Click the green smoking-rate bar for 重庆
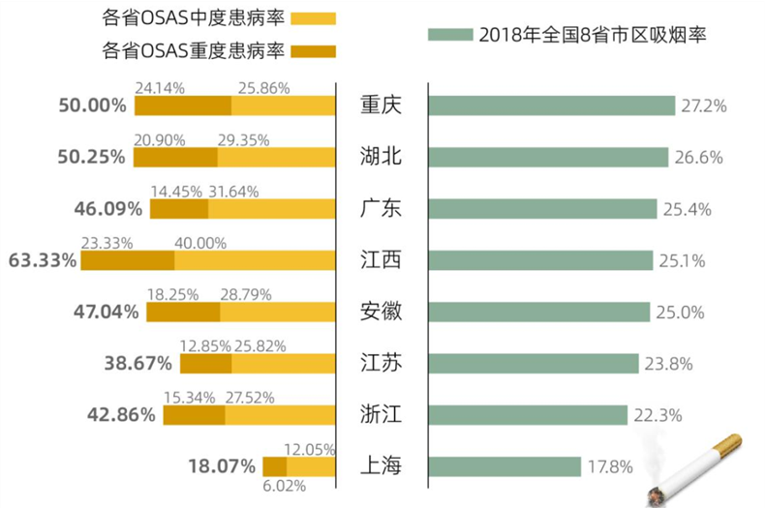[x=551, y=105]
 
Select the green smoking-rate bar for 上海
[x=504, y=466]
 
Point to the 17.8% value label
[x=610, y=467]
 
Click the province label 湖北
[x=380, y=157]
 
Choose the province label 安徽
[x=380, y=312]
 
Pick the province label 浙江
[x=380, y=415]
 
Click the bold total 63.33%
[x=41, y=260]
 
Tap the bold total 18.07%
[x=222, y=466]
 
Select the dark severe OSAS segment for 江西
[x=127, y=260]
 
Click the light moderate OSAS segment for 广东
[x=271, y=208]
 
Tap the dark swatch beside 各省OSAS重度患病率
[x=304, y=50]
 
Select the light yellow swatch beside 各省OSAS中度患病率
[x=304, y=17]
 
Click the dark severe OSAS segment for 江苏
[x=205, y=363]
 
